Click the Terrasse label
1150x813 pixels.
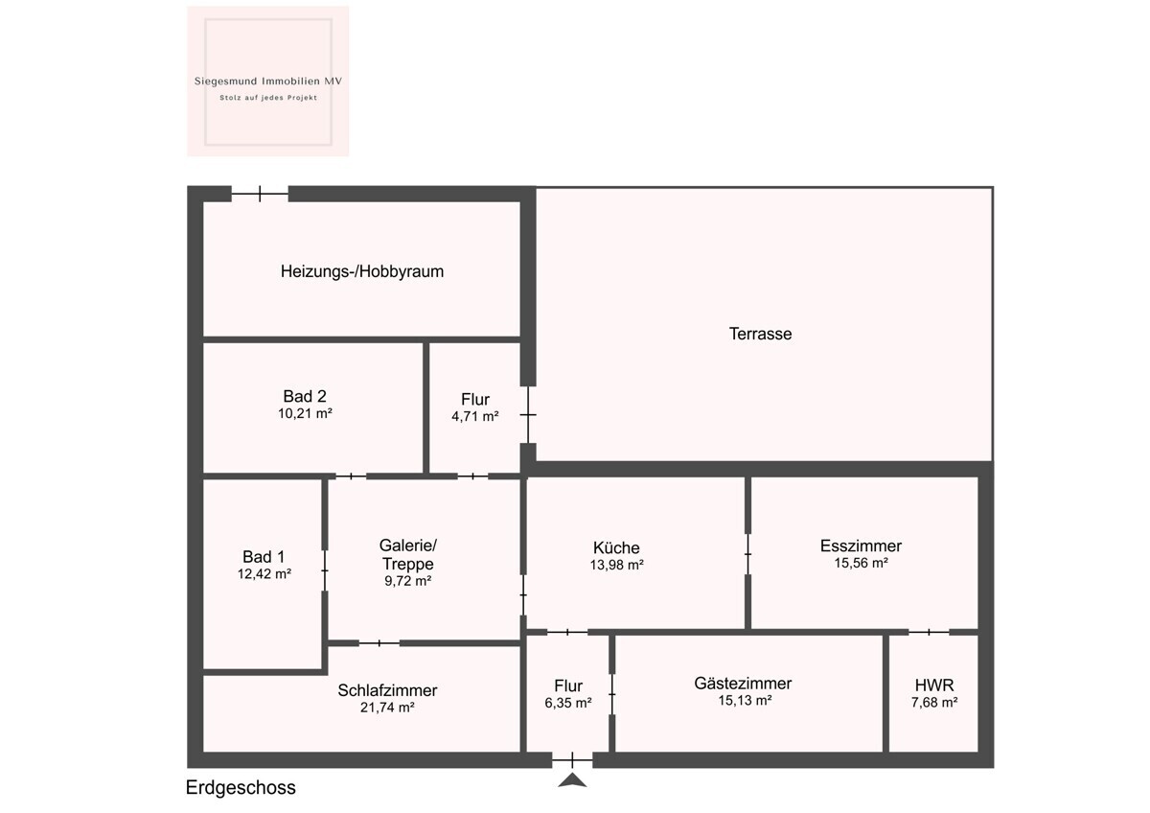760,334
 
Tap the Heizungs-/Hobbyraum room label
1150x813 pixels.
362,271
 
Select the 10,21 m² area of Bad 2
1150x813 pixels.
305,413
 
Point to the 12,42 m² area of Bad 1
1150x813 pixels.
264,573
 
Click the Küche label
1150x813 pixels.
616,547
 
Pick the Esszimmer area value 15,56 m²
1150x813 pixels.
861,563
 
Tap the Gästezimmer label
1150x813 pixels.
743,684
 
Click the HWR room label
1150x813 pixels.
934,685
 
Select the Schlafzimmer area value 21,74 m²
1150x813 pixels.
387,708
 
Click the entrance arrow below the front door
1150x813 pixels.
572,781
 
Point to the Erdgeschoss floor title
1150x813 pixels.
241,788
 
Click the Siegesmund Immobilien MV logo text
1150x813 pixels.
268,81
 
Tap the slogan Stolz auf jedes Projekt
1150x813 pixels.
268,98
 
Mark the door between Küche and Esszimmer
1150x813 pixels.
748,554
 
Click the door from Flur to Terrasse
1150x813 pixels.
528,414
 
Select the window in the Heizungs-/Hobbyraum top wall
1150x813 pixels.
260,194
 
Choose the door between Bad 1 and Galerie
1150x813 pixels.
325,570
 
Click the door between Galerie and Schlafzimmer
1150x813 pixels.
379,643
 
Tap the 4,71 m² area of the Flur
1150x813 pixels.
475,416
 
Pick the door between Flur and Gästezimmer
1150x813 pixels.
612,694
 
